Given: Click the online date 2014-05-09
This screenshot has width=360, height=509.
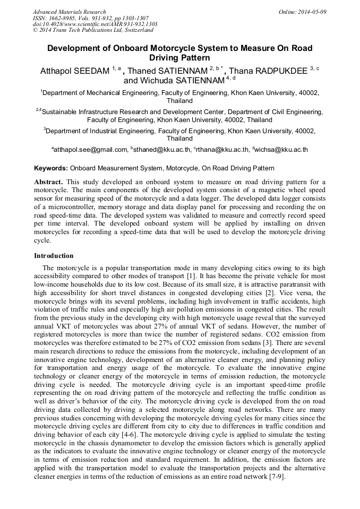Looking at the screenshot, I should (x=313, y=11).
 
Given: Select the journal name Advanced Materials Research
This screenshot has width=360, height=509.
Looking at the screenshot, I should (x=70, y=11).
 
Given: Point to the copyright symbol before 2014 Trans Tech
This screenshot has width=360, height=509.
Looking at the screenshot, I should (x=35, y=30).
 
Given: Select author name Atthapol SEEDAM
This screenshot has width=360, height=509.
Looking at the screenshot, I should (x=74, y=71).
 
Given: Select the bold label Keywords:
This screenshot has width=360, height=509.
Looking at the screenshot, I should (x=51, y=168).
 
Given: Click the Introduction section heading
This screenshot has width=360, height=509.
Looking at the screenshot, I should (x=54, y=255).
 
